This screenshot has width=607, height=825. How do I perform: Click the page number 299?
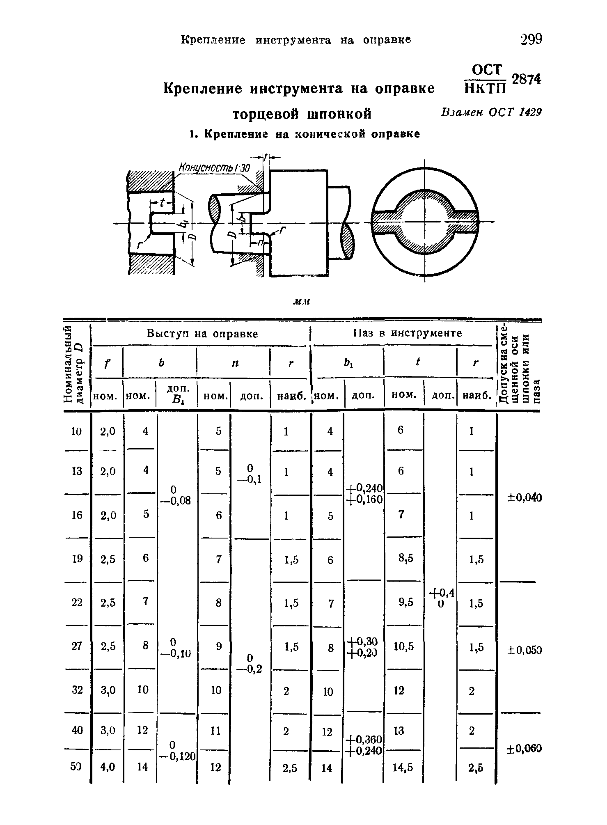point(531,39)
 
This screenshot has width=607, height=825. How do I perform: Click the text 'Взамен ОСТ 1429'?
point(491,112)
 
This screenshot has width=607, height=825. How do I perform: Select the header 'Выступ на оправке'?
point(202,334)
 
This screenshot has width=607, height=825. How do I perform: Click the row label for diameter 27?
point(77,646)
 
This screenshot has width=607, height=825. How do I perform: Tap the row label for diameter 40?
point(77,730)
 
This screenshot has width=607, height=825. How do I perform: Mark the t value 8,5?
point(405,558)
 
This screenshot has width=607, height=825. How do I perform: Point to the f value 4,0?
point(108,767)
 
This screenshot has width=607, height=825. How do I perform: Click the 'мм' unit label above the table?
point(301,302)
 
